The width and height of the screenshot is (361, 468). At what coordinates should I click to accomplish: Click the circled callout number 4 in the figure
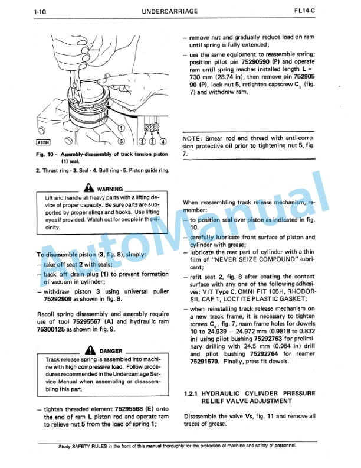click(x=163, y=142)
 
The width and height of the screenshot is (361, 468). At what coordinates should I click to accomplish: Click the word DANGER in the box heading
click(x=110, y=351)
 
